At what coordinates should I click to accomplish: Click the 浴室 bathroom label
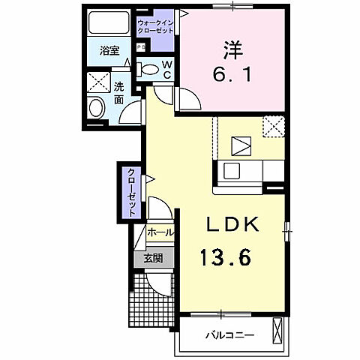pos(109,51)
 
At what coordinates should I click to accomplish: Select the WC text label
pos(168,68)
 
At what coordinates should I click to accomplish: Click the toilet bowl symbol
pos(149,70)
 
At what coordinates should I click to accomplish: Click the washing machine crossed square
pos(96,81)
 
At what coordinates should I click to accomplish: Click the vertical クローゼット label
pos(132,192)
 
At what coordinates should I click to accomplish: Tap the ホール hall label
pos(160,233)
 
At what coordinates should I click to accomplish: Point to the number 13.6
pos(225,259)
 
